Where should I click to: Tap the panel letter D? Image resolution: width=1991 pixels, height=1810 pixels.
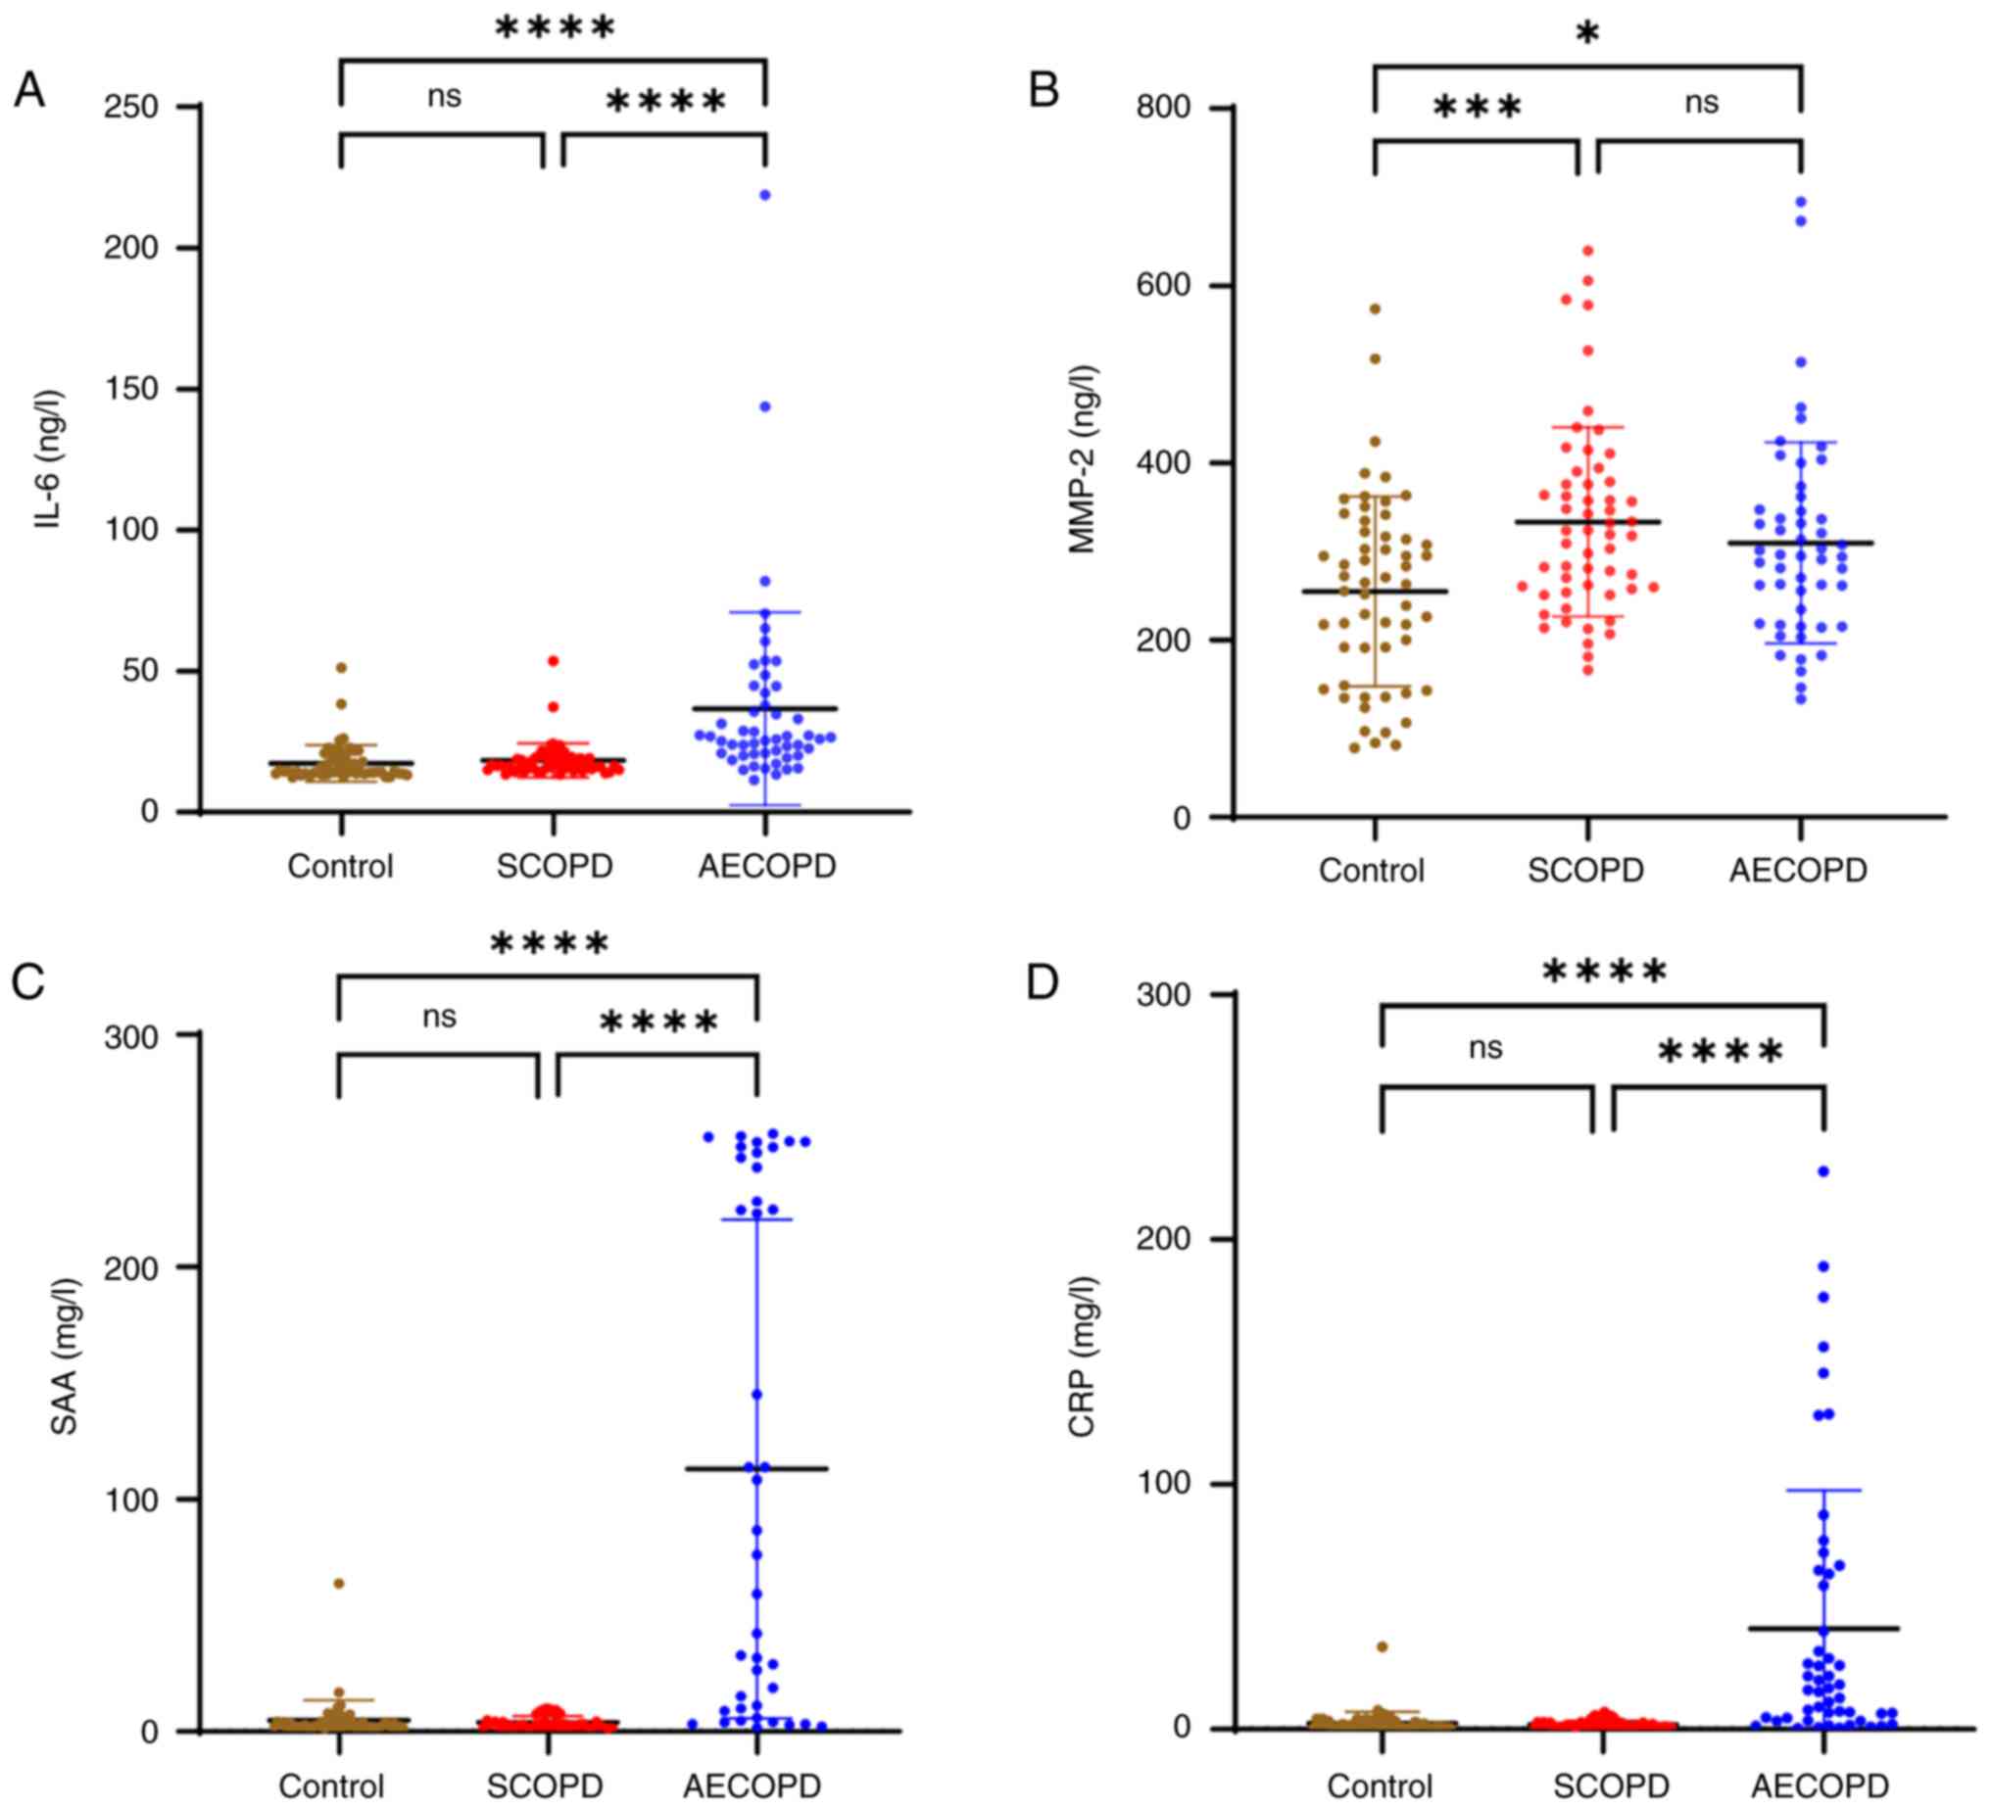pos(1043,982)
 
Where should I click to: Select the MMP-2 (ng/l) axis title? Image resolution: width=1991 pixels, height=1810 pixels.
pos(1084,459)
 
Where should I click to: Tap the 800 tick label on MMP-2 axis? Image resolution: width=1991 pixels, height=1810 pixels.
pos(1163,107)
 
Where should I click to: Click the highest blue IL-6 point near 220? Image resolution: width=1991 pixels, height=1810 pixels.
pos(765,195)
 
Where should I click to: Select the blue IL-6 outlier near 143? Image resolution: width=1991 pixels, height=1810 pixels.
pos(765,405)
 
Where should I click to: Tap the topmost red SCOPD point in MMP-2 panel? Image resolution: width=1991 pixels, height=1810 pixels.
pos(1588,251)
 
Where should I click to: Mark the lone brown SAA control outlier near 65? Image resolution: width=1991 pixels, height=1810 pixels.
pos(339,1583)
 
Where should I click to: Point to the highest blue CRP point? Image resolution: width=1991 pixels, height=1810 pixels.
pos(1824,1171)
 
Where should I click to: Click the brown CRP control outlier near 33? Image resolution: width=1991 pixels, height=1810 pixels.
pos(1383,1646)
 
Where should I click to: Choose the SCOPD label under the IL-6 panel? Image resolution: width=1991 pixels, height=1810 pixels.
pos(554,866)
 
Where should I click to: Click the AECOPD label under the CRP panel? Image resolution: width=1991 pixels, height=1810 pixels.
pos(1821,1786)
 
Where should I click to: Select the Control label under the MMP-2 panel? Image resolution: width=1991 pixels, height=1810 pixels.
pos(1372,870)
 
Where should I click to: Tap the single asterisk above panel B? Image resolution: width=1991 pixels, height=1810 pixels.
pos(1587,35)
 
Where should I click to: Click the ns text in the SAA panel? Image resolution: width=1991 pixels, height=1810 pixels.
pos(440,1016)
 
